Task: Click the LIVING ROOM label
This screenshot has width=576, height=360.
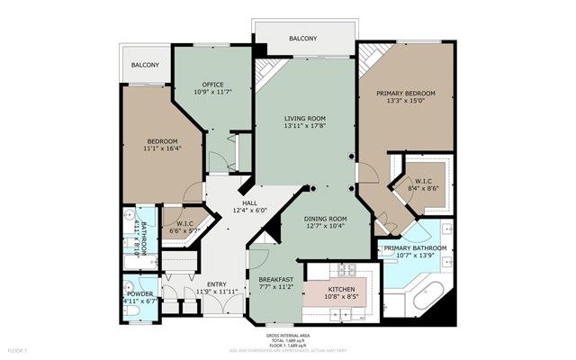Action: tap(304, 119)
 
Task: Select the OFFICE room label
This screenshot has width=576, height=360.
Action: tap(212, 85)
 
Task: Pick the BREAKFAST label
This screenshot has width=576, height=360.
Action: tap(277, 280)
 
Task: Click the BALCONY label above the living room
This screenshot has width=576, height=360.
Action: tap(302, 39)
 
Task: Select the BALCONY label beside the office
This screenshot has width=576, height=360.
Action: tap(145, 65)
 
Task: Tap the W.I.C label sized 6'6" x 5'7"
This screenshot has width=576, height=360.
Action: tap(184, 223)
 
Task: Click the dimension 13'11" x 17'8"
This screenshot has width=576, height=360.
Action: tap(304, 127)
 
